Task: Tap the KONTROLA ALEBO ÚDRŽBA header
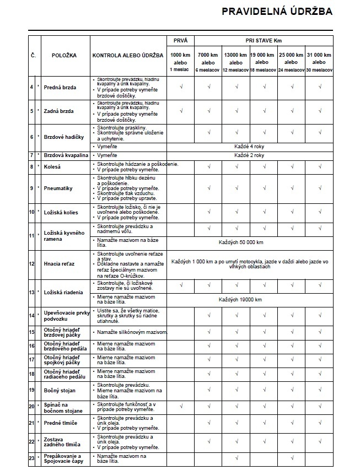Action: coord(127,56)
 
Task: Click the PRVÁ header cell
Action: coord(180,41)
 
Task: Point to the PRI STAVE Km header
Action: coord(264,41)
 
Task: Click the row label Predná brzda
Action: coord(60,88)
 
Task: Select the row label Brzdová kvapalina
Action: coord(66,155)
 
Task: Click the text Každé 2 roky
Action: coord(249,155)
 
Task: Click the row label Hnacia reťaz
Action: coord(59,264)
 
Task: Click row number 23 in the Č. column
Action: coord(32,458)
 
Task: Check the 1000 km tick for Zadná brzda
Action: coord(180,111)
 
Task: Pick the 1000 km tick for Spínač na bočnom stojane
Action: coord(180,407)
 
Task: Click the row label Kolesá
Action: coord(53,166)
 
